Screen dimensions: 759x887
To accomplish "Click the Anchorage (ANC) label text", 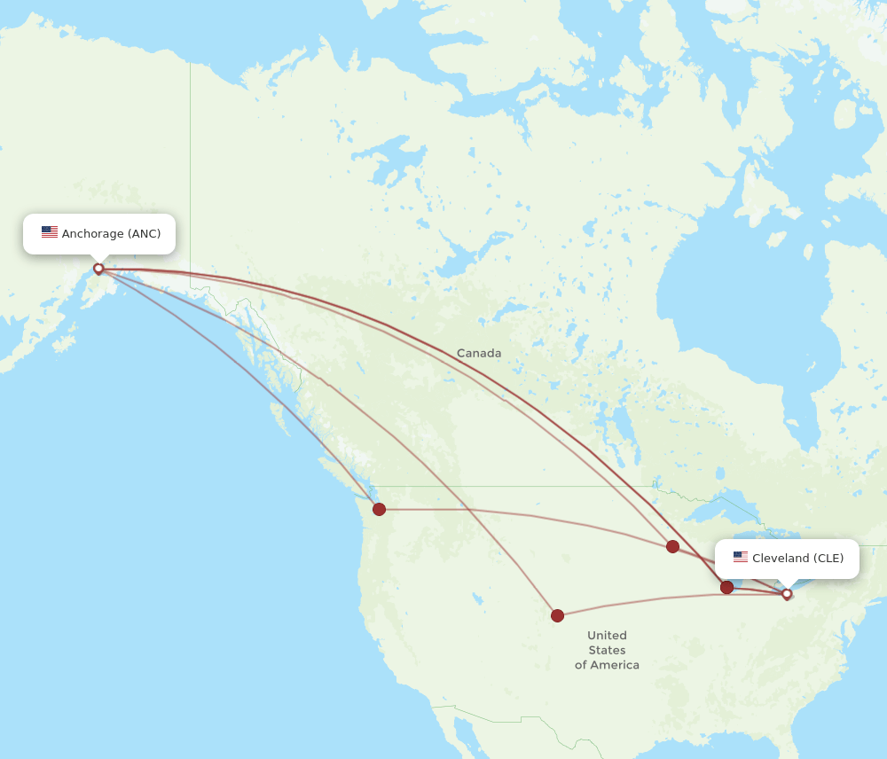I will point(111,234).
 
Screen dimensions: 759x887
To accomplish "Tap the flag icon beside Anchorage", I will point(50,232).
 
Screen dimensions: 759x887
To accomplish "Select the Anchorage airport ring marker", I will point(98,268).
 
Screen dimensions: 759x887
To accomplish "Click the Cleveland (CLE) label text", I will point(797,558).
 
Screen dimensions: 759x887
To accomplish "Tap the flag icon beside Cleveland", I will point(741,557).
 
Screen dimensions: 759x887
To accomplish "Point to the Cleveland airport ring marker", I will point(787,594).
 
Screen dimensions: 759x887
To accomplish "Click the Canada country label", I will point(479,353).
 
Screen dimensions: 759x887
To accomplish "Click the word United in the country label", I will point(607,635).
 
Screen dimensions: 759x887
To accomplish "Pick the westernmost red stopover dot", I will point(379,509).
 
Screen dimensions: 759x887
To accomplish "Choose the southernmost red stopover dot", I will point(557,615).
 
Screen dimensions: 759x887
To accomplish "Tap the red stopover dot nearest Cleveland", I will point(727,587).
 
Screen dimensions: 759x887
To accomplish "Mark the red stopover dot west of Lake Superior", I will point(672,546).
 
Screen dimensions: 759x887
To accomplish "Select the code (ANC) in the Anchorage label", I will point(145,234).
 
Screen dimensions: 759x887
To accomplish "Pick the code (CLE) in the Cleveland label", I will point(828,558).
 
